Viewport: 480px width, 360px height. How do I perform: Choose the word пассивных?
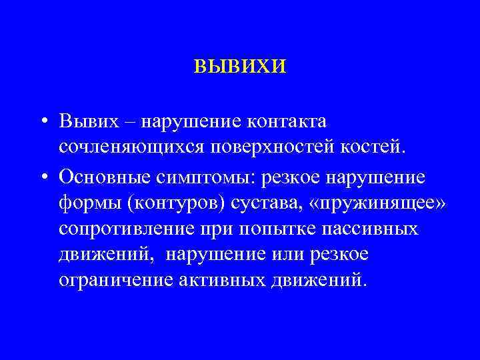(373, 229)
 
